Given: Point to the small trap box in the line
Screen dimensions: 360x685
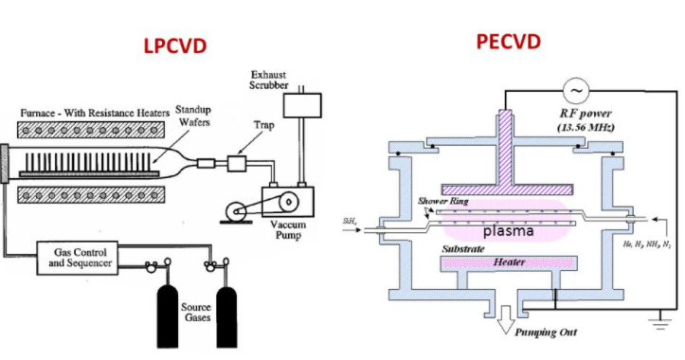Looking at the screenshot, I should click(236, 165).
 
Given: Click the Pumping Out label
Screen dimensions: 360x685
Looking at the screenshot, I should click(546, 334).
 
